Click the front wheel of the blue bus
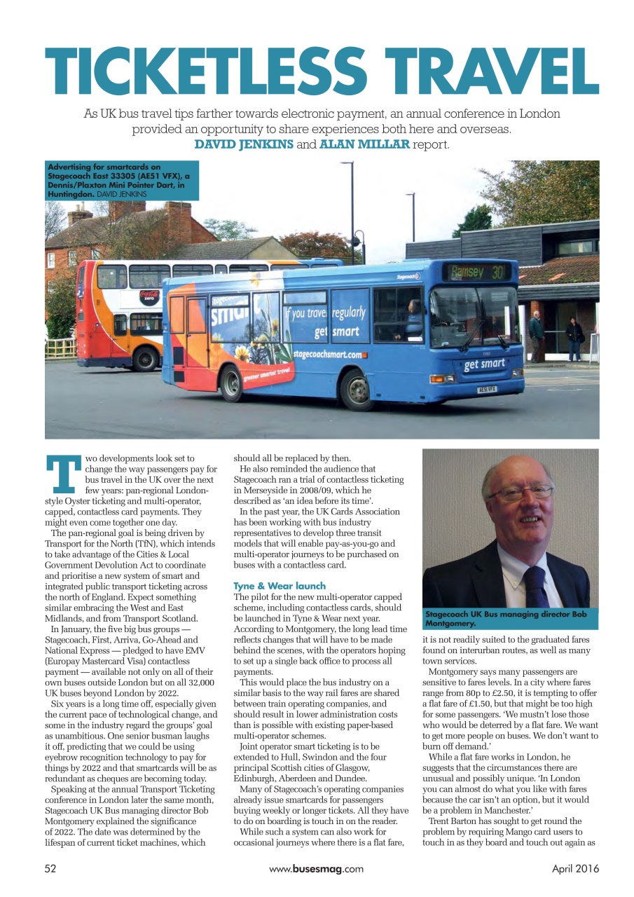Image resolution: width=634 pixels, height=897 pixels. (x=357, y=390)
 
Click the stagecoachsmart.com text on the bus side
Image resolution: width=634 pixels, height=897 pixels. (x=328, y=355)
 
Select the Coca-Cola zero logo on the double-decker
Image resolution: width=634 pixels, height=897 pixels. (x=149, y=297)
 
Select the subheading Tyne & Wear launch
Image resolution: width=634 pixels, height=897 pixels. (x=280, y=585)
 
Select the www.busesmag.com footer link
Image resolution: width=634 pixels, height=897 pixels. (x=316, y=868)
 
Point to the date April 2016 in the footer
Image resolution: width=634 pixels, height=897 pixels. (x=575, y=868)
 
